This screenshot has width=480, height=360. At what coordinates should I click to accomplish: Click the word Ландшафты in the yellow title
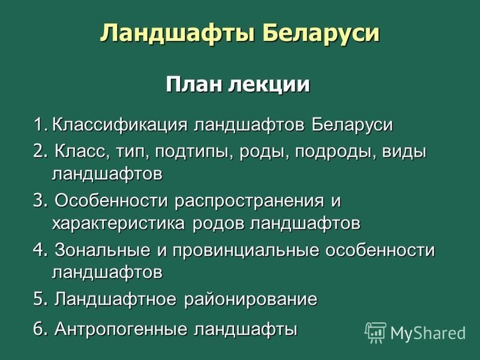coord(177,33)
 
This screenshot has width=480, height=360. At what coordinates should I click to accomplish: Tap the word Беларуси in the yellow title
coord(320,32)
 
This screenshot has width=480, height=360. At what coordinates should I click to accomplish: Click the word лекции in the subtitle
coord(269,85)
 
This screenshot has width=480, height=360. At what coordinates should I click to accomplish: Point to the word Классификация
coord(119,125)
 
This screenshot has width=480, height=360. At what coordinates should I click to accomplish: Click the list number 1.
coord(40,125)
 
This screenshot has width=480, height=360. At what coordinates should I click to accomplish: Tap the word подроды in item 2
coord(335,152)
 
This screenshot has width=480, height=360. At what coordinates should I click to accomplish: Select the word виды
coord(404,152)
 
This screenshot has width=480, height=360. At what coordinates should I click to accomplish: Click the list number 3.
coord(40,201)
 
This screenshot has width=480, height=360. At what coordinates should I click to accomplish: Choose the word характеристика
coord(118,223)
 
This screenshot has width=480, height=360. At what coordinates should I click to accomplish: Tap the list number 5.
coord(40,298)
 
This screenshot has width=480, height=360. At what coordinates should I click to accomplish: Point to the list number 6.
coord(40,329)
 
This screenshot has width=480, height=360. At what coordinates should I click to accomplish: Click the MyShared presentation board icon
coord(376,332)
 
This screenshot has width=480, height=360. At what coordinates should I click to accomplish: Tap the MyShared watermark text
coord(428,332)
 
